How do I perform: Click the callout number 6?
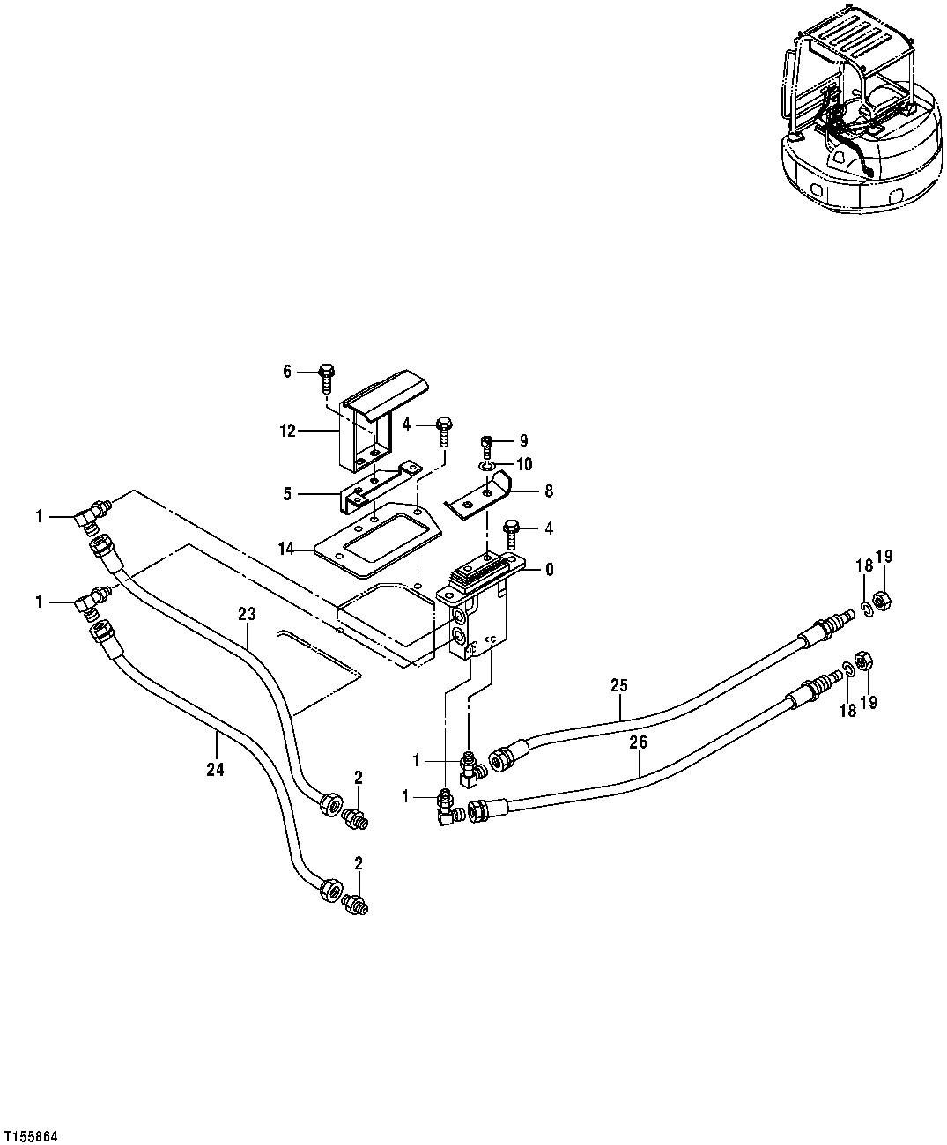(x=286, y=372)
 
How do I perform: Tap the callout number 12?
(x=286, y=432)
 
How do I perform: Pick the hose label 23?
(x=247, y=613)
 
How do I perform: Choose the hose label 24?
(x=215, y=769)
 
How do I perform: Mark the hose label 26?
(x=638, y=742)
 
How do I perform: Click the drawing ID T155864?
(x=31, y=1137)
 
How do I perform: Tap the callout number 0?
(x=549, y=570)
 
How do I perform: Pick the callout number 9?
(x=523, y=440)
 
